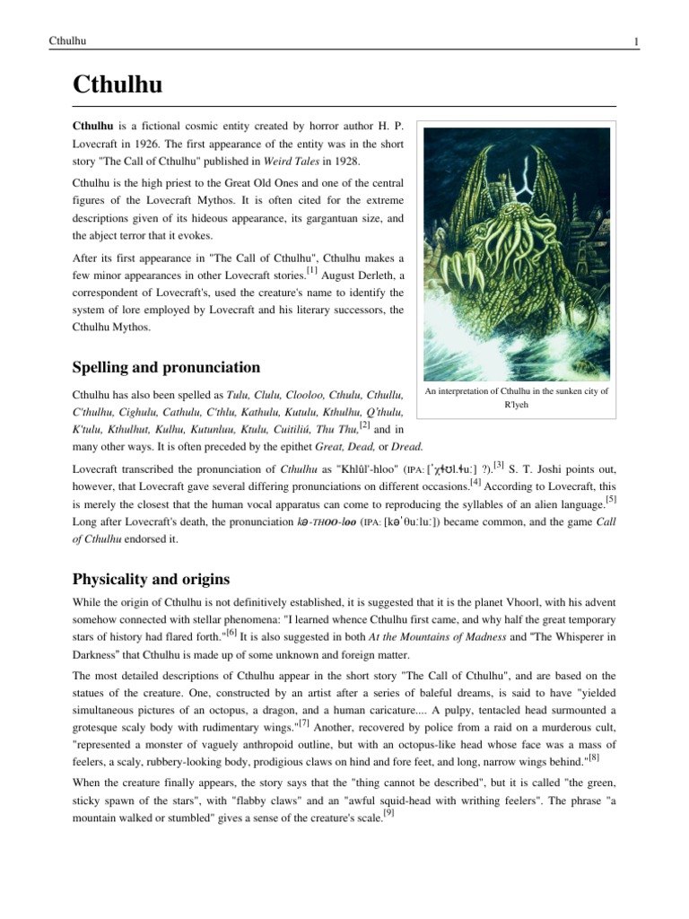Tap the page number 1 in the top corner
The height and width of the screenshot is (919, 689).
pyautogui.click(x=635, y=40)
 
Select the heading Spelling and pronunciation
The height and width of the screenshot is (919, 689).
pyautogui.click(x=166, y=367)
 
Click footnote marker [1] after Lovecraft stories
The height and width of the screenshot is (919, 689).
pyautogui.click(x=311, y=267)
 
